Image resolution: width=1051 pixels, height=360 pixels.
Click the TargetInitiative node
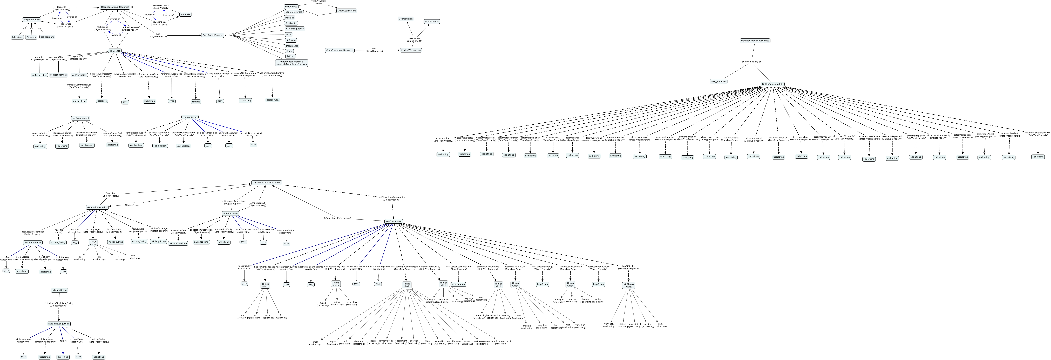(x=31, y=20)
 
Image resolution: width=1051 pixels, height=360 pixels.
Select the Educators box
(x=17, y=37)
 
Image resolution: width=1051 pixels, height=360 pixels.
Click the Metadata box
(x=185, y=14)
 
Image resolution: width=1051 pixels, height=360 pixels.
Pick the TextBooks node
(x=291, y=23)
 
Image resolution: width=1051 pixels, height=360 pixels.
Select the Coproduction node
(x=405, y=19)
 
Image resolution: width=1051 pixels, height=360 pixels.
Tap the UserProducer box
(x=432, y=22)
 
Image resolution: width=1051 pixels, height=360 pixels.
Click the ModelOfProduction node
(x=410, y=50)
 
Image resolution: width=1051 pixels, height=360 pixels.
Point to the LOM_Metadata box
(x=718, y=81)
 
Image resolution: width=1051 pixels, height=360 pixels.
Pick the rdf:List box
(x=196, y=102)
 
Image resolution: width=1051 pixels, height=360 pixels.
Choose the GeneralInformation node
(x=97, y=207)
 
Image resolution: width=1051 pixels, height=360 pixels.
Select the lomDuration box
(x=458, y=284)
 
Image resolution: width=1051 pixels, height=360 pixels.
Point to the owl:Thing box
(x=63, y=357)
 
